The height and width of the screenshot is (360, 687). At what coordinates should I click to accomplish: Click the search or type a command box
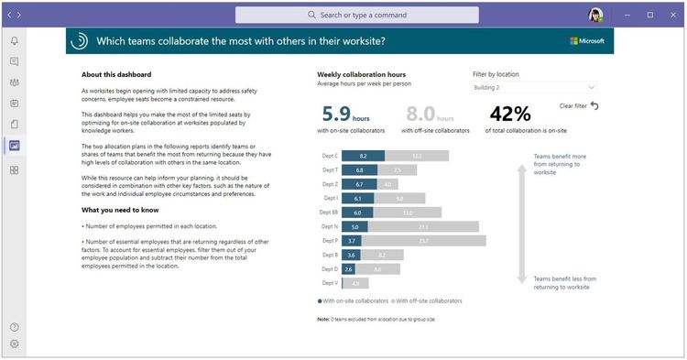click(356, 16)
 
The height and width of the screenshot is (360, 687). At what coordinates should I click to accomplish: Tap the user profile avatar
click(595, 16)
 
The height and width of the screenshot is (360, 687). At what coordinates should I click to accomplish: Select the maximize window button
click(649, 16)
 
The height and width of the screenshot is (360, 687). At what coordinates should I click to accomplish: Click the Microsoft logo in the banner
click(586, 41)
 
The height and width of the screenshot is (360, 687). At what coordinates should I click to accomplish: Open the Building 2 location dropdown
click(534, 88)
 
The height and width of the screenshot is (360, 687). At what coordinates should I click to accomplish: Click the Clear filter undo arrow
click(594, 106)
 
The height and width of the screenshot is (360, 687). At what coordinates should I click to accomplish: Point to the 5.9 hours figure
click(335, 115)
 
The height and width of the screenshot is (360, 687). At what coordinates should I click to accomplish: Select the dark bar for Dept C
click(364, 156)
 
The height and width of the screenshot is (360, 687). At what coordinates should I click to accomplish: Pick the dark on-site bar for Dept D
click(349, 269)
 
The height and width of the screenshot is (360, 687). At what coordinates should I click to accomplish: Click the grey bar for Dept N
click(422, 226)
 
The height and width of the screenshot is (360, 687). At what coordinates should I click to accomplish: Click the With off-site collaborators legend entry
click(428, 300)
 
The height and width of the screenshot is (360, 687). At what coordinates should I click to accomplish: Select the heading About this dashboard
click(116, 75)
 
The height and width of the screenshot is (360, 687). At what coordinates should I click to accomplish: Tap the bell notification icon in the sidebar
click(14, 41)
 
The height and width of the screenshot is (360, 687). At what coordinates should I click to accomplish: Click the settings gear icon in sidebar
click(14, 344)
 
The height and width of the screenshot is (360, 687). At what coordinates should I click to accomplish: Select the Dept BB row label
click(329, 213)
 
